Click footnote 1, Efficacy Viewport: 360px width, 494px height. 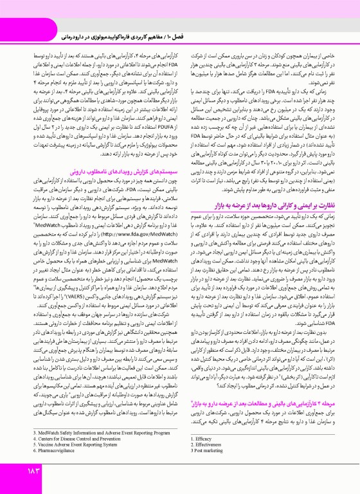[203, 437]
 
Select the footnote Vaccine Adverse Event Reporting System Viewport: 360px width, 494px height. [74, 448]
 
